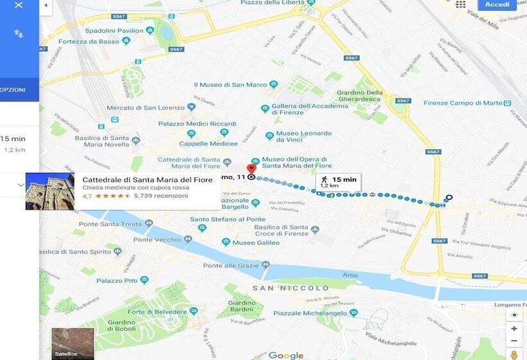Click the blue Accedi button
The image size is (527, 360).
[x=497, y=5]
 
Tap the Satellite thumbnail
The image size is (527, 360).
[x=73, y=344]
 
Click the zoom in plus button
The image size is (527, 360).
[x=514, y=328]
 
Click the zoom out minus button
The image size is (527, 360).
[x=514, y=341]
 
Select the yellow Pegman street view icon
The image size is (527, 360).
[x=514, y=354]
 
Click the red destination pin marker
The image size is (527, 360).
[x=251, y=170]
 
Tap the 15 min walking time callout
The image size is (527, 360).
[x=338, y=182]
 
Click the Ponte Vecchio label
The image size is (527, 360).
[x=158, y=240]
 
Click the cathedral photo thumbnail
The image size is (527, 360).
[x=49, y=191]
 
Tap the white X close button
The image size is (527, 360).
[x=19, y=5]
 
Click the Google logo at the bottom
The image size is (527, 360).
[x=286, y=355]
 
